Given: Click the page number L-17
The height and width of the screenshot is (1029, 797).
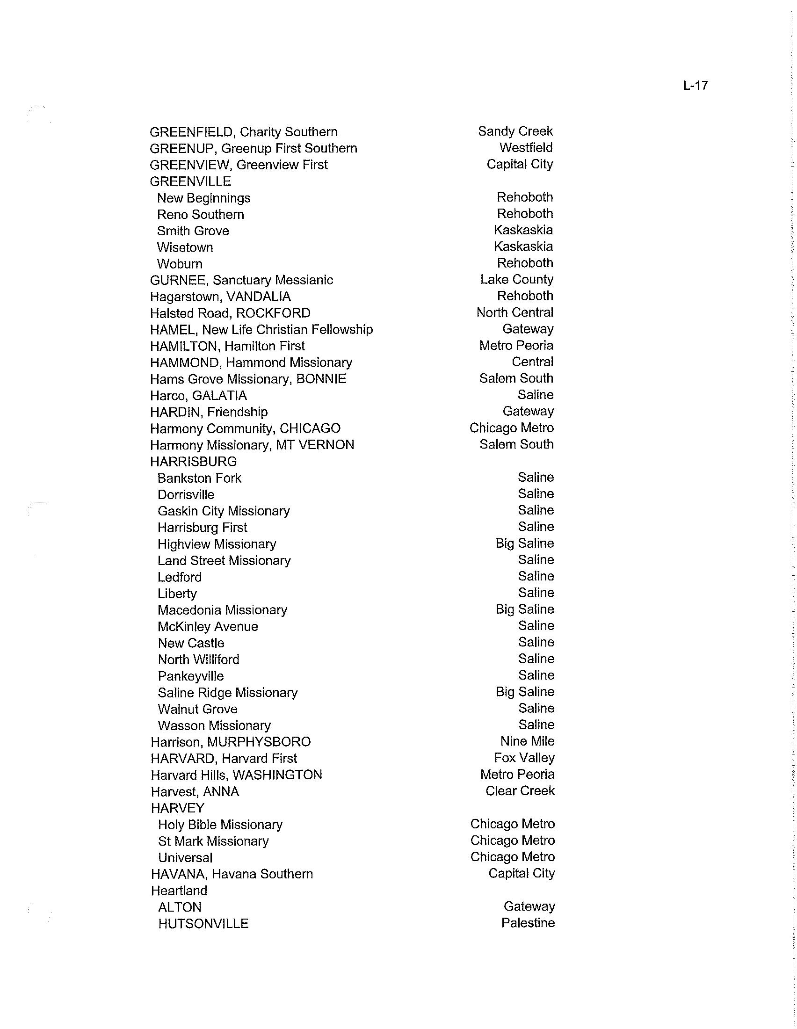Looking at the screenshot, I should pos(695,85).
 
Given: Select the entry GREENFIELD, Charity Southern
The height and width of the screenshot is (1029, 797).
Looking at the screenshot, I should pos(244,132).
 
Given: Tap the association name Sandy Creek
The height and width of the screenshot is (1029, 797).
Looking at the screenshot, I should pos(515,131).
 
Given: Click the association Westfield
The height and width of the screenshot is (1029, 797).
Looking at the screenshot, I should pos(526,147).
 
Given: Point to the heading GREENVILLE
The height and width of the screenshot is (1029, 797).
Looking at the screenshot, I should pos(190,181).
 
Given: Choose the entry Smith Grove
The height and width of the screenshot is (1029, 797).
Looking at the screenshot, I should pos(193,231).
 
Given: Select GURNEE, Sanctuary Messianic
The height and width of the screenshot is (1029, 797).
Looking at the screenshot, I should pos(241,280).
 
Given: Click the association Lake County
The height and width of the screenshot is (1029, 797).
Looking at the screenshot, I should pos(516,279).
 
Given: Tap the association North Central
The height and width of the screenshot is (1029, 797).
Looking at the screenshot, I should pos(514,312).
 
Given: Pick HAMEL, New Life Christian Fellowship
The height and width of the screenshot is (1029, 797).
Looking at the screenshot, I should pos(261,329).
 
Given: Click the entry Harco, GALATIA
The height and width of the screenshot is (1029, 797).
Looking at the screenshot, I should pos(198,395).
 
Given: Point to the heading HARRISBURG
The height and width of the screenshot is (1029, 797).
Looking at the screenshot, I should pos(193,461).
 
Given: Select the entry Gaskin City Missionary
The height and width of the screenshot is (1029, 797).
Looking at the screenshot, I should pos(224,511).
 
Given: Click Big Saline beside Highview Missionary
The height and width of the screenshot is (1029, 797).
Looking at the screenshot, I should pos(524,543).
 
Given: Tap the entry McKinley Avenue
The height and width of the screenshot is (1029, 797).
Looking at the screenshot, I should pos(208,626).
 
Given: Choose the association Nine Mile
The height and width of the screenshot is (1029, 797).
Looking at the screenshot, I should pos(527,741).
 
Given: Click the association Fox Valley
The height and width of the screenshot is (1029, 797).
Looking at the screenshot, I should pos(524,758).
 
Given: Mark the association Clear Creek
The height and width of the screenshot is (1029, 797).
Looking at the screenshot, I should pos(520,790).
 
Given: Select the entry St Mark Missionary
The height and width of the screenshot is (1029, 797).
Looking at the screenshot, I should pos(213,841).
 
